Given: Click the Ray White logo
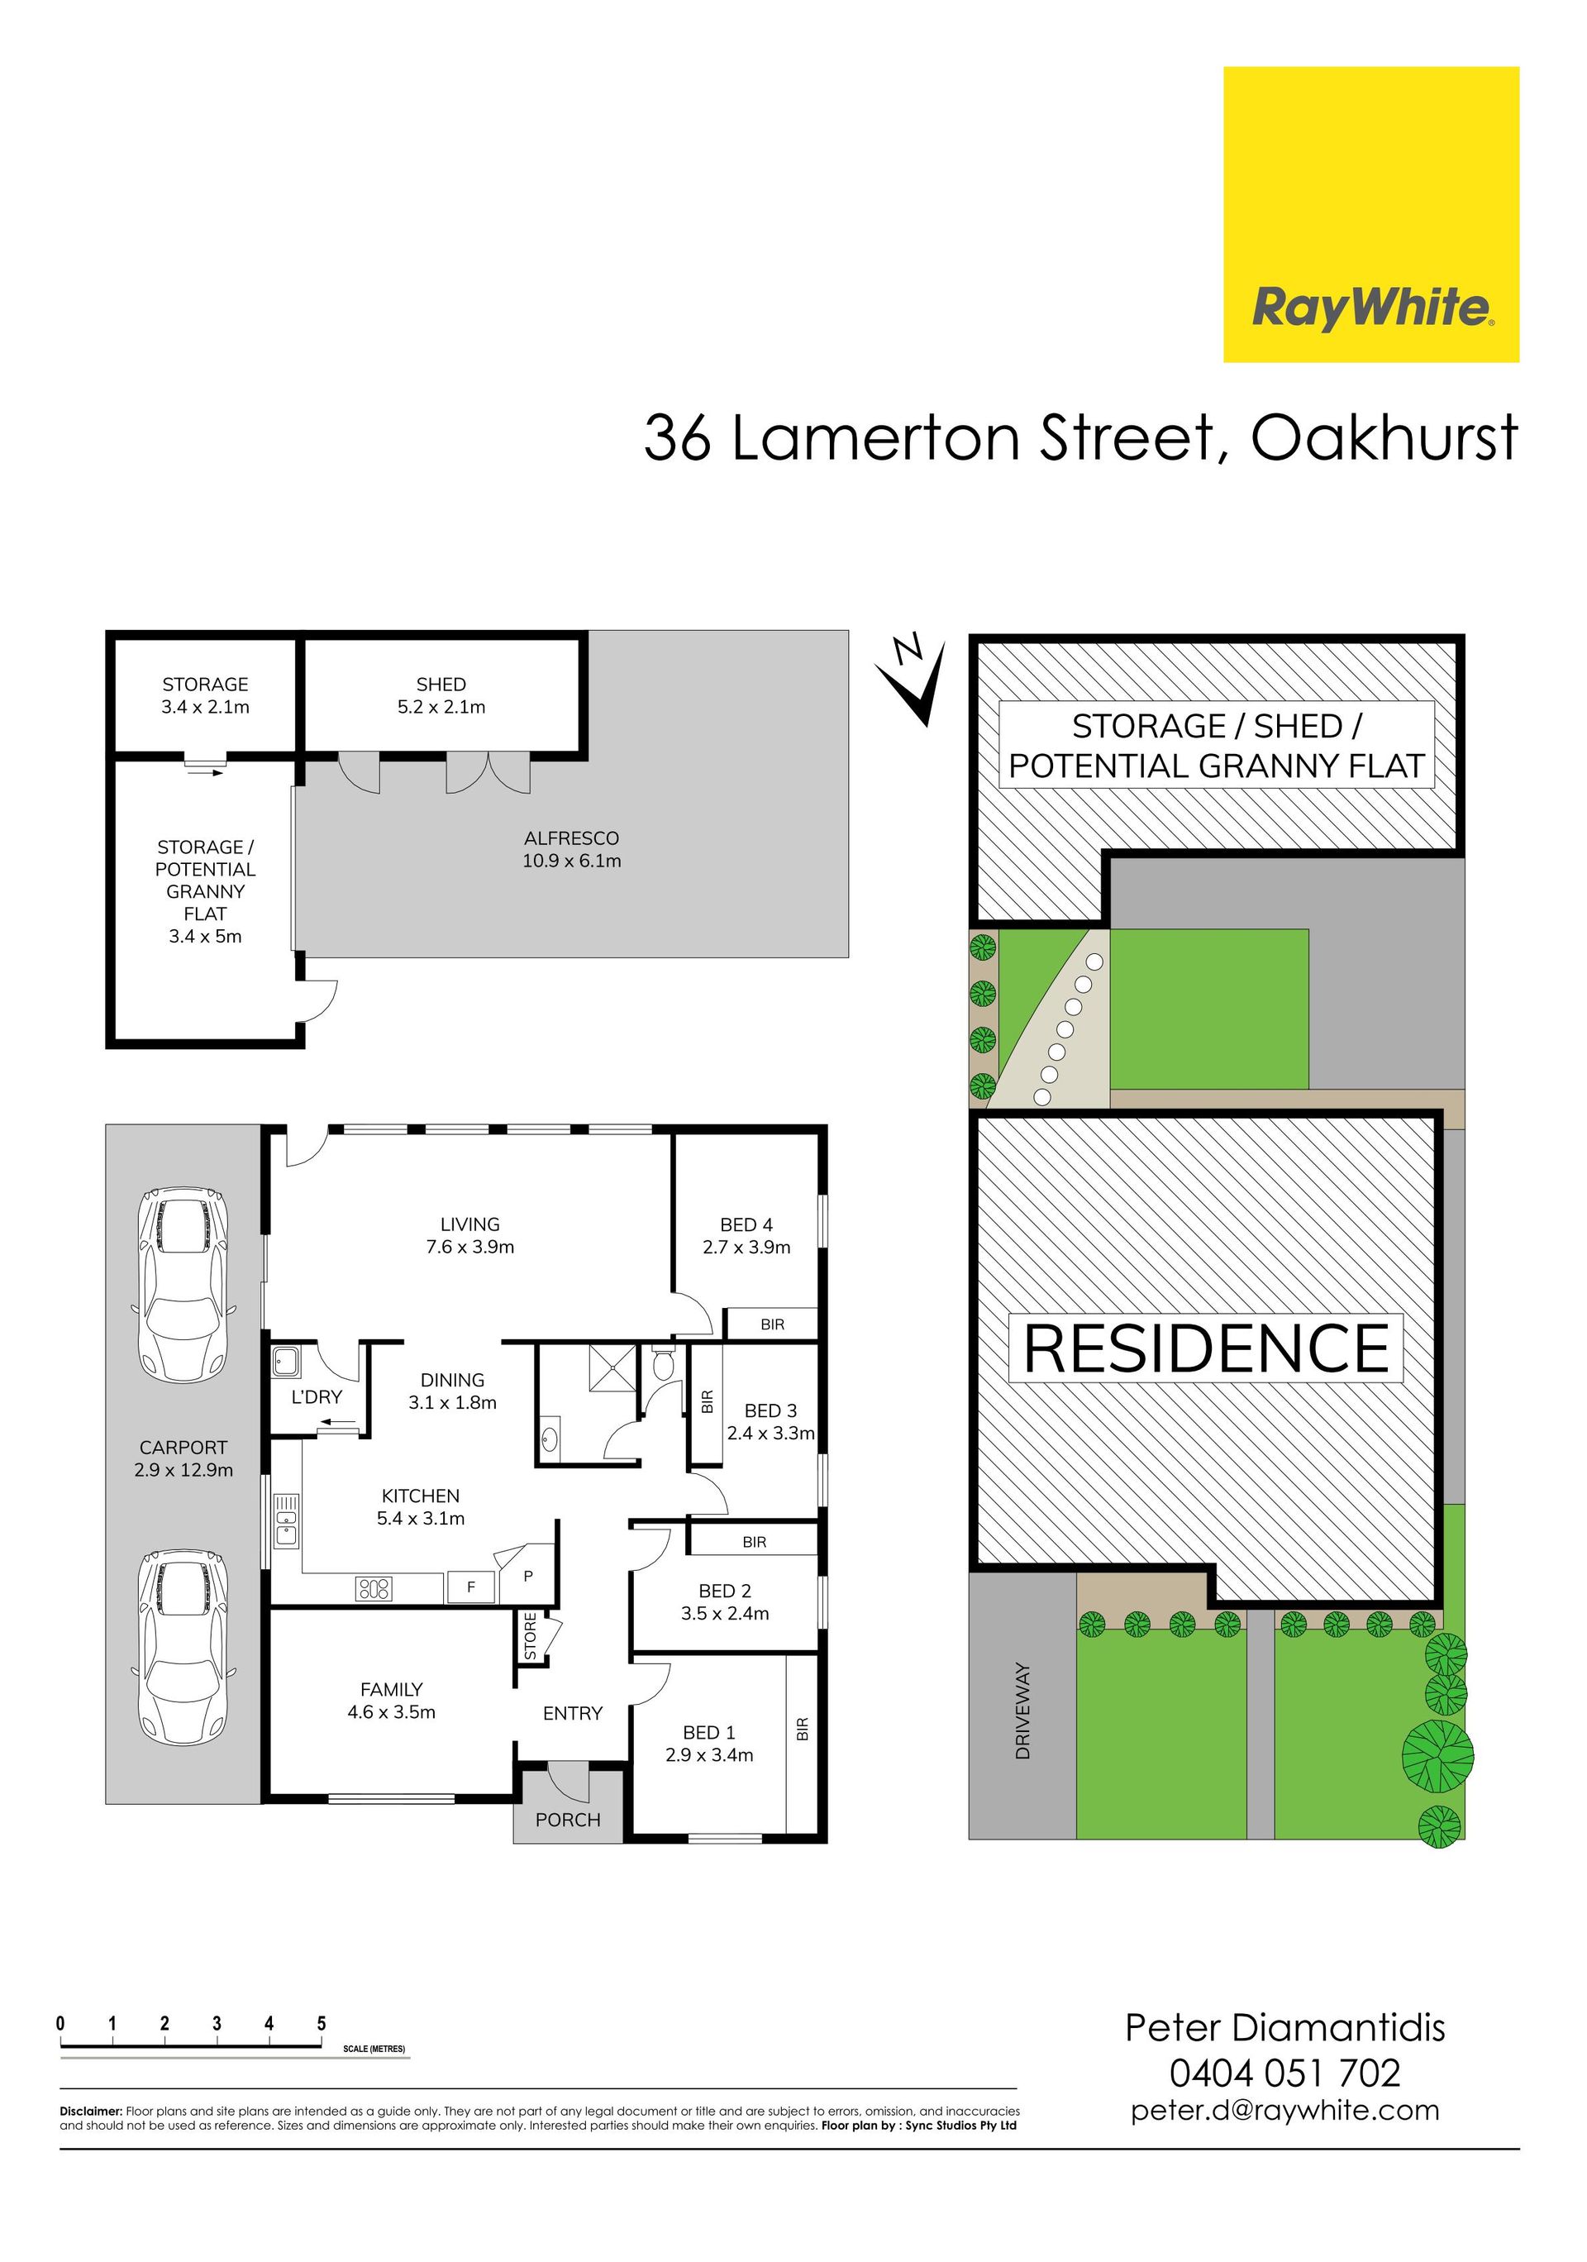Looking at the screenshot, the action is coord(1370,215).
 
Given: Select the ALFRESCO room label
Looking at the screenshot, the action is coord(571,838).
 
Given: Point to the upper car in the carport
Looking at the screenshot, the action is coord(183,1286).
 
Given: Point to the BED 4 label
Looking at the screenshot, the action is coord(746,1224).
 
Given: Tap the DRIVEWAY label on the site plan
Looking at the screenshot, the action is coord(1022,1711).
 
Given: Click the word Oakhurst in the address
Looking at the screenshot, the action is coord(1384,437).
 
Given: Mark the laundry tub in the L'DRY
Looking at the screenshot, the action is coord(287,1362).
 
